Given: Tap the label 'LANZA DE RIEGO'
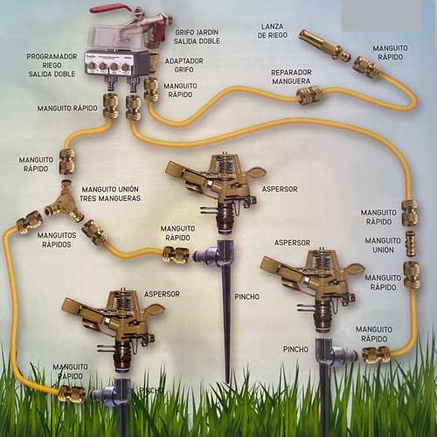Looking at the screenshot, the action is [272, 31].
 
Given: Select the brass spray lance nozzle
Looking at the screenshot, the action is [324, 45].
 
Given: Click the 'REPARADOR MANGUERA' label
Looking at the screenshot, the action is [291, 77].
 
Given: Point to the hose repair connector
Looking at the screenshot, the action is [309, 94].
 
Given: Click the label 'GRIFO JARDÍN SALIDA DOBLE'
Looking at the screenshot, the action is [197, 37].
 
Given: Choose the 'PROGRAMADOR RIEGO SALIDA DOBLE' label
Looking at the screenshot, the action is [52, 66].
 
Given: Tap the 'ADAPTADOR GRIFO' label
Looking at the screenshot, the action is [184, 66].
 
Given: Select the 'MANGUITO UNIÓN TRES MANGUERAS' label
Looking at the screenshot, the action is [110, 194].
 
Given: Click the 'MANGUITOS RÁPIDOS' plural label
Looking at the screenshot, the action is [57, 239].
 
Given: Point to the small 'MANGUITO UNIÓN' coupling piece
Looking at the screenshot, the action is [410, 244].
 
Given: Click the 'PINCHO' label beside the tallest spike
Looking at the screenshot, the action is [246, 297].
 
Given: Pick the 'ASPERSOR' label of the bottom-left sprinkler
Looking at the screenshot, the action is [162, 295].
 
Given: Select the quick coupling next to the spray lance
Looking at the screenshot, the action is [366, 67].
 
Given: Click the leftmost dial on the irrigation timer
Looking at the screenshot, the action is [92, 66].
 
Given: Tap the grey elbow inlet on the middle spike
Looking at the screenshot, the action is [206, 255].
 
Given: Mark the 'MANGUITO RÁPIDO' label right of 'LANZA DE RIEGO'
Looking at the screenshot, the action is [390, 52].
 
